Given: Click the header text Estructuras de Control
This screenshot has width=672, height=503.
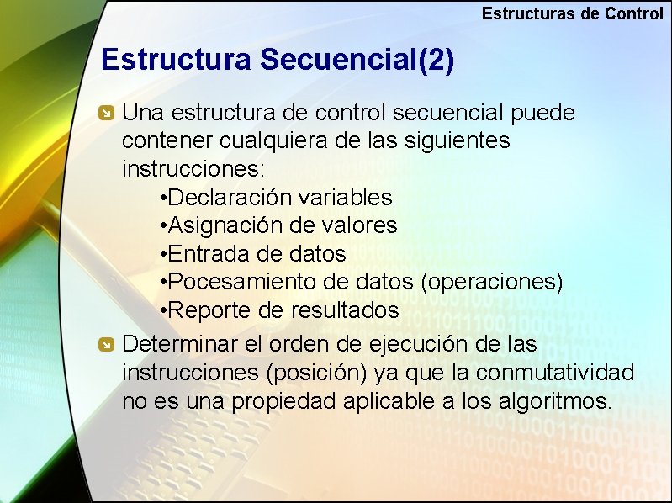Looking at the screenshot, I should (572, 13).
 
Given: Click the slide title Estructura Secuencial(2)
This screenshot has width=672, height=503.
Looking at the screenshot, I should (278, 61).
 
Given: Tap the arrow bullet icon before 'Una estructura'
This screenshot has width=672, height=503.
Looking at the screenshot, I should (106, 114).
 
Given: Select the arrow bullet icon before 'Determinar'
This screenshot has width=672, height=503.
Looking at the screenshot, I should (106, 344).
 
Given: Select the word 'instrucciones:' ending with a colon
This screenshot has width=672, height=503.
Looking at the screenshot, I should (193, 168).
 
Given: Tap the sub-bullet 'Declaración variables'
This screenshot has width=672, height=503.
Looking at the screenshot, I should (276, 197).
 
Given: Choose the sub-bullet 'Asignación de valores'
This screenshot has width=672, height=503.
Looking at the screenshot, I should (278, 225).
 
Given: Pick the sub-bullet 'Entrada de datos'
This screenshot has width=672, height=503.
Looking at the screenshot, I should (252, 253).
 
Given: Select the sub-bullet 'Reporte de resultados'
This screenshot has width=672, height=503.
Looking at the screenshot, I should (279, 310).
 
